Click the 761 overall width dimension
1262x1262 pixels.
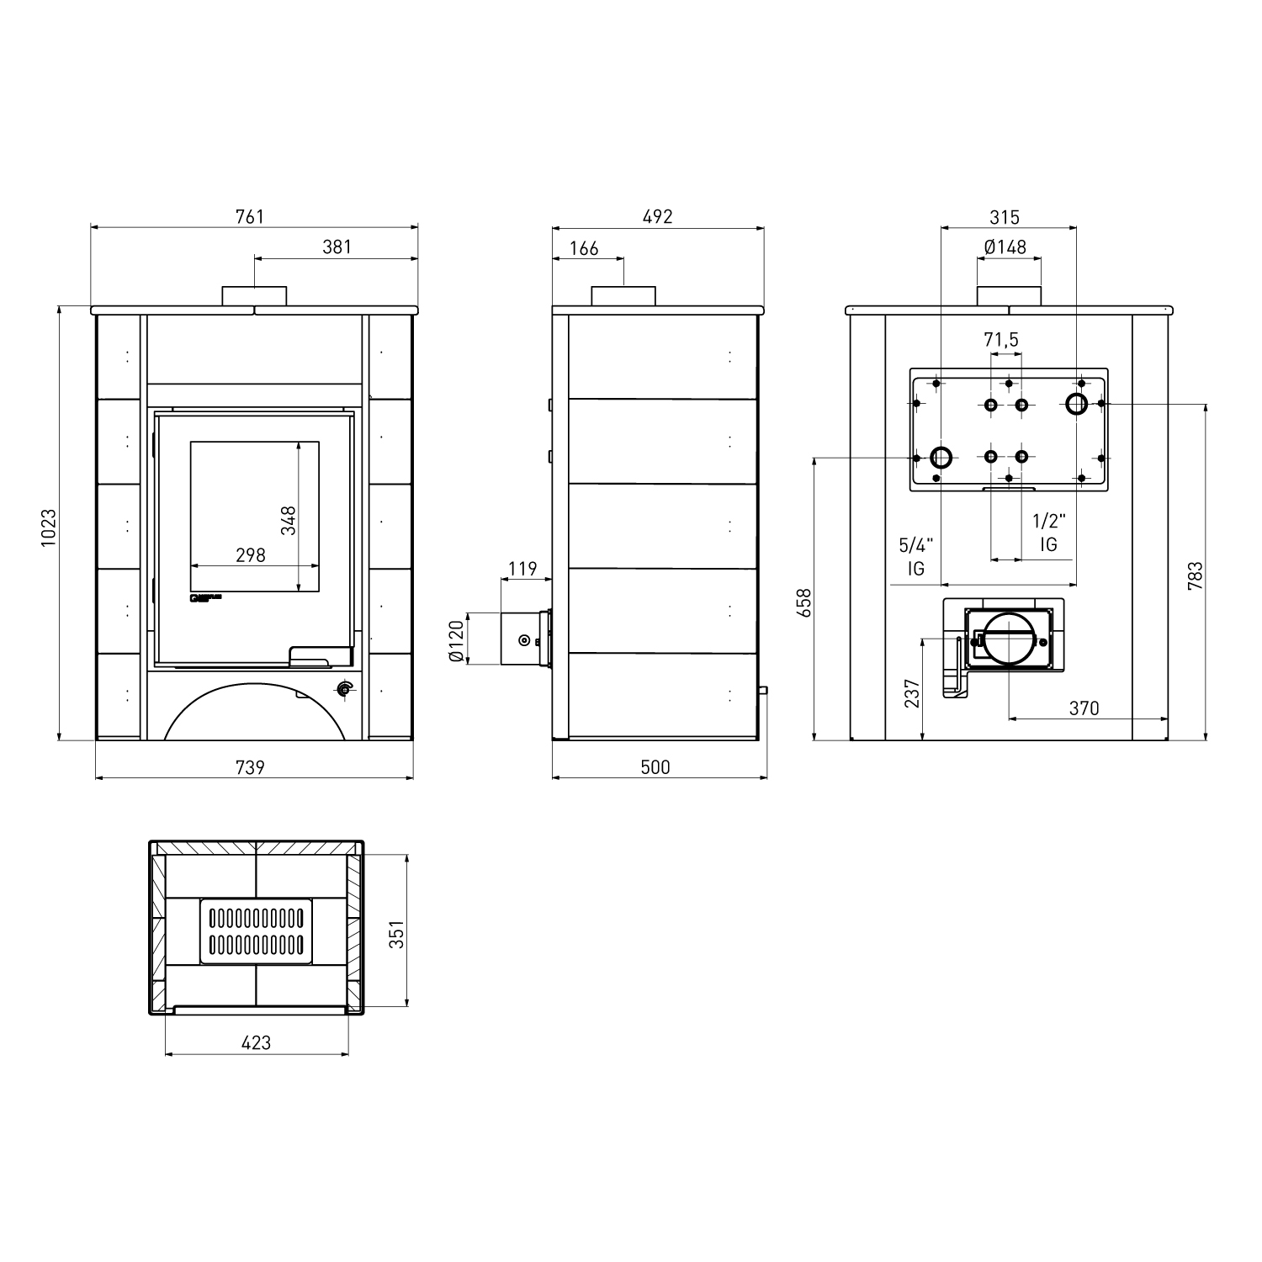point(250,217)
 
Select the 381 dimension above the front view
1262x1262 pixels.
point(337,247)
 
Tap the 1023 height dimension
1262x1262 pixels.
point(49,528)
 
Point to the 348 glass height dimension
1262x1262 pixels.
point(289,520)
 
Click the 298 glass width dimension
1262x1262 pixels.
point(251,555)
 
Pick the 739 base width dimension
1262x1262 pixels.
point(250,767)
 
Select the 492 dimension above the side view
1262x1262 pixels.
point(658,217)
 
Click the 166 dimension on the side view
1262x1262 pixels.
point(584,248)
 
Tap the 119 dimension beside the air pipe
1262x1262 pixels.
point(522,569)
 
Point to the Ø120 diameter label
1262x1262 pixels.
point(458,640)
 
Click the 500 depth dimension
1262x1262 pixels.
point(655,767)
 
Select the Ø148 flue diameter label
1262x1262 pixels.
point(1005,247)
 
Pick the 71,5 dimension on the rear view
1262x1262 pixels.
point(1001,340)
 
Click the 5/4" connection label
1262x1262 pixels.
point(916,545)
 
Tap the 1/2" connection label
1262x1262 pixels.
point(1049,522)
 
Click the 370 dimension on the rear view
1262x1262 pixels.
point(1084,708)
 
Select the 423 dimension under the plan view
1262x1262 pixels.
point(256,1043)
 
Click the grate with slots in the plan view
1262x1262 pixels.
point(256,931)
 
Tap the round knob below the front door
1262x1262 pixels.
point(343,690)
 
